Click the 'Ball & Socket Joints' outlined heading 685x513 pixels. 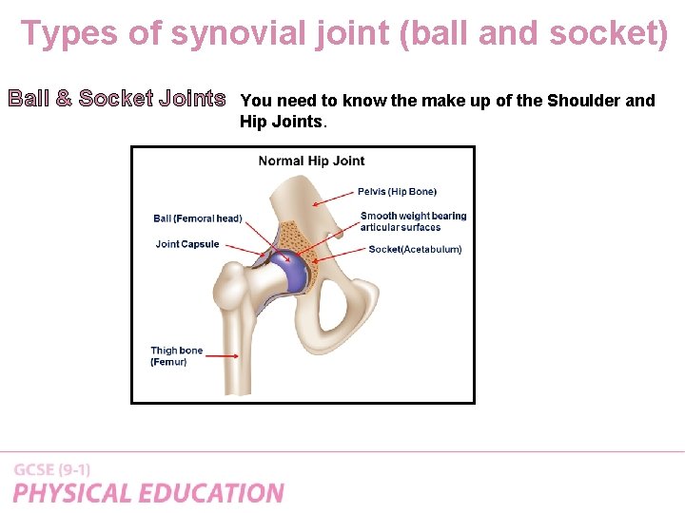117,99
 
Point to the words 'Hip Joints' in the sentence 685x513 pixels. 283,122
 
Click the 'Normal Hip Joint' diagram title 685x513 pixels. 311,161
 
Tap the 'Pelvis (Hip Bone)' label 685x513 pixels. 397,192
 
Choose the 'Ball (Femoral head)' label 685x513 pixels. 198,218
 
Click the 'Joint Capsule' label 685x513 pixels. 187,244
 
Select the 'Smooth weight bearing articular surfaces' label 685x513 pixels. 413,221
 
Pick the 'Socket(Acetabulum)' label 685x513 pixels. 415,249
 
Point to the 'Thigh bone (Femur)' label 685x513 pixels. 177,356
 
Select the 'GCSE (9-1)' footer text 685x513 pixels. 52,470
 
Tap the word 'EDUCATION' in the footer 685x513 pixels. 212,493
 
